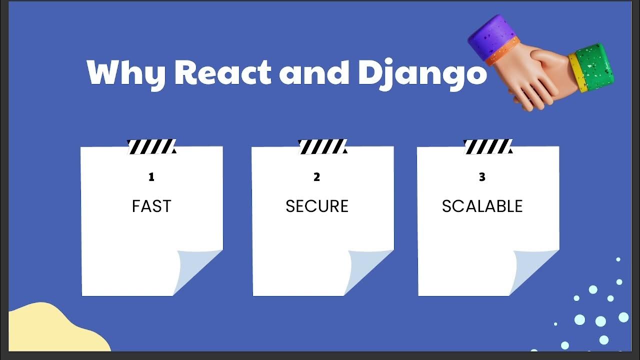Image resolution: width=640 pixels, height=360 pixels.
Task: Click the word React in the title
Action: (x=222, y=73)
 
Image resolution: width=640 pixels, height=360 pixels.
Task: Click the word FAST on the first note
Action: (x=151, y=206)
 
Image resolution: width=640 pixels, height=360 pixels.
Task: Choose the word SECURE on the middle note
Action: (x=317, y=206)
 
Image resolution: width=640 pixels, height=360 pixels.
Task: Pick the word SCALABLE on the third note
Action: (x=482, y=206)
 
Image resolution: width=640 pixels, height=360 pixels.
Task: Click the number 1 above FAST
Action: (x=151, y=177)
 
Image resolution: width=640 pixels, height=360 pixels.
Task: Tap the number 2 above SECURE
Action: (x=316, y=177)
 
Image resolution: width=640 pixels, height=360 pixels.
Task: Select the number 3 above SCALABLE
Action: (x=482, y=177)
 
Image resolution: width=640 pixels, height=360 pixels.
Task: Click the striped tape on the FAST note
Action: (x=151, y=146)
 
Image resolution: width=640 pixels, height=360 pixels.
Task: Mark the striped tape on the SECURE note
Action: (x=322, y=146)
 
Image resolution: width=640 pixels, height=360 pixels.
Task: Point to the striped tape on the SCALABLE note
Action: (x=488, y=146)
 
